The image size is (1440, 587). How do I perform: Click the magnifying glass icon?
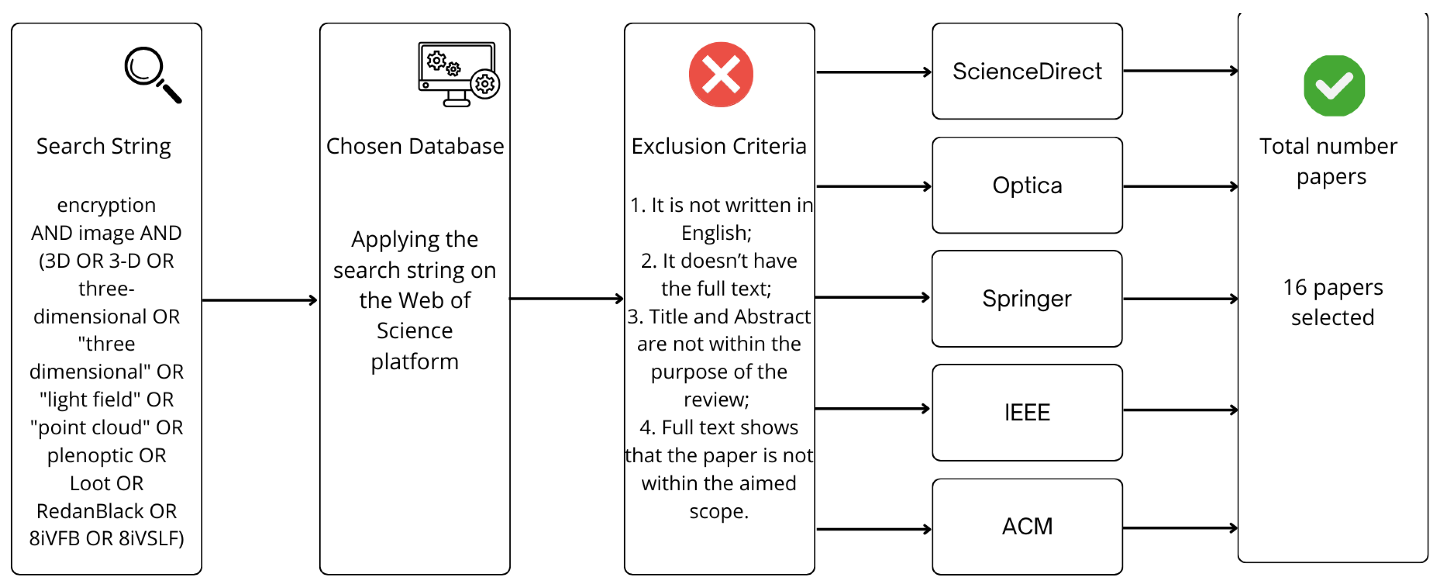point(152,74)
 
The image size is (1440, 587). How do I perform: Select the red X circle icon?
point(720,74)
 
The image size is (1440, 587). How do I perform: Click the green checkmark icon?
point(1334,85)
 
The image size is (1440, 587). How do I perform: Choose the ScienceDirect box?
point(1027,72)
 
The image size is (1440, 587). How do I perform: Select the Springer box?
point(1026,299)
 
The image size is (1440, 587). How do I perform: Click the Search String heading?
point(103,146)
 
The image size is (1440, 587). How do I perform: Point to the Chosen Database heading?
point(415,146)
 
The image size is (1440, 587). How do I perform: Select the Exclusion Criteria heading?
point(719,146)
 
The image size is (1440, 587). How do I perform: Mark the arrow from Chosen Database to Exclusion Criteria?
point(566,299)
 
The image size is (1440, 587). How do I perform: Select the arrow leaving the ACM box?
point(1180,528)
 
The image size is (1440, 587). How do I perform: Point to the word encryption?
point(106,205)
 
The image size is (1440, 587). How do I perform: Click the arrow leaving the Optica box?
point(1180,186)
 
